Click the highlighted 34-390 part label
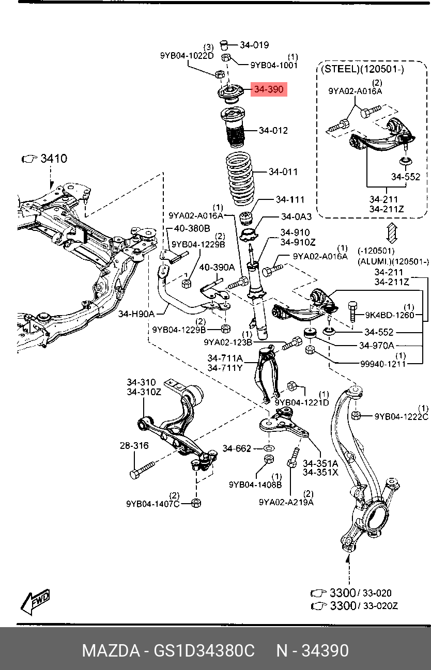coord(268,90)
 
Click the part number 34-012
coord(273,131)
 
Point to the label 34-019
coord(254,45)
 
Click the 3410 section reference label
coord(54,159)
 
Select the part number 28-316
coord(134,445)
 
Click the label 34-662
coord(237,448)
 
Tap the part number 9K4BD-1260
coord(390,315)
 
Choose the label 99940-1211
coord(383,364)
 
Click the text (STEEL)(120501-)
coord(363,69)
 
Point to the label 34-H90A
coord(136,313)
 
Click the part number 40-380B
coord(192,228)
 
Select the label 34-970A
coord(376,345)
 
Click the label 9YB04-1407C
coord(152,504)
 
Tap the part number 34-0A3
coord(296,216)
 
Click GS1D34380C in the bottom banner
coord(204,650)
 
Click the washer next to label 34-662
coord(269,447)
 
